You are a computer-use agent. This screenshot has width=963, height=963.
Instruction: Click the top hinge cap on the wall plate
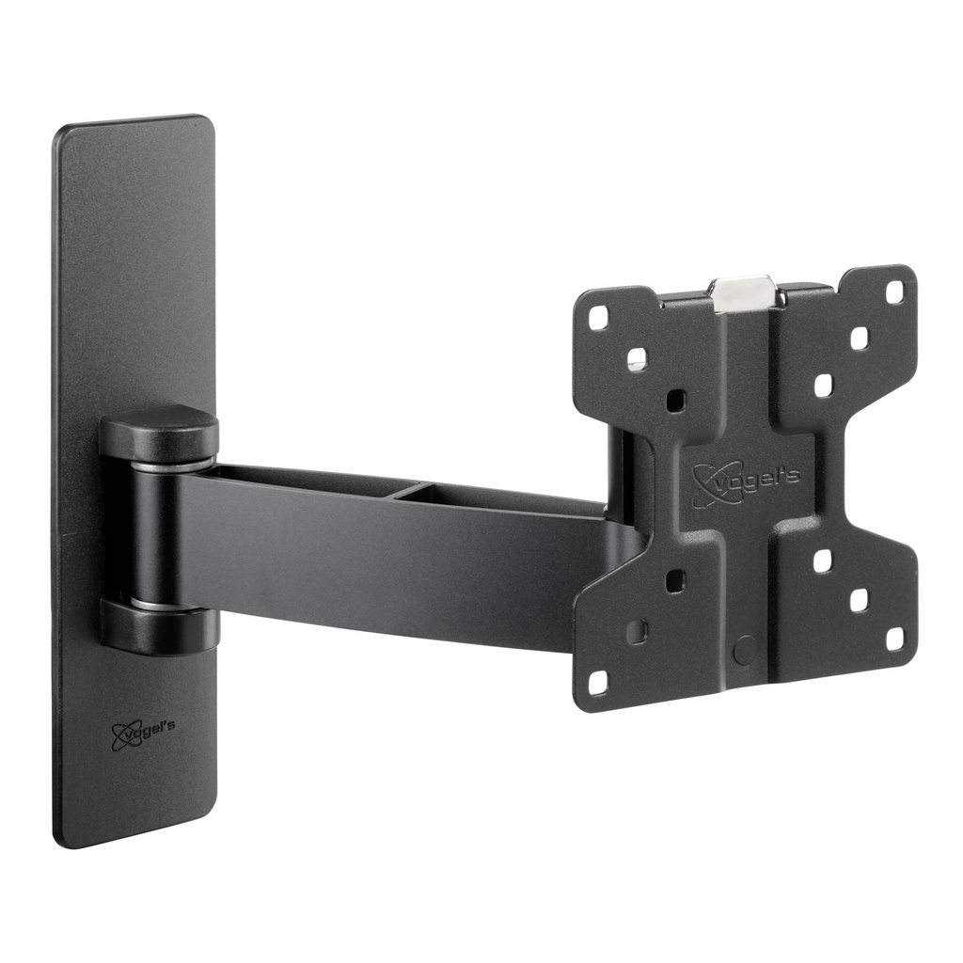click(159, 432)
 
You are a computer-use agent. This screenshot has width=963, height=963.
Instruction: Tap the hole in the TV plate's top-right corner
click(894, 292)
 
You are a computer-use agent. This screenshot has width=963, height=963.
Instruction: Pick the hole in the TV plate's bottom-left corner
click(598, 681)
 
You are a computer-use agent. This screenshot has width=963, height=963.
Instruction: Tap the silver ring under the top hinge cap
click(159, 465)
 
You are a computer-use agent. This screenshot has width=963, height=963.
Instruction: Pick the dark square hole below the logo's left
click(675, 580)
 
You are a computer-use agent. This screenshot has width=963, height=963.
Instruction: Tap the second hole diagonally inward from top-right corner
click(859, 338)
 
